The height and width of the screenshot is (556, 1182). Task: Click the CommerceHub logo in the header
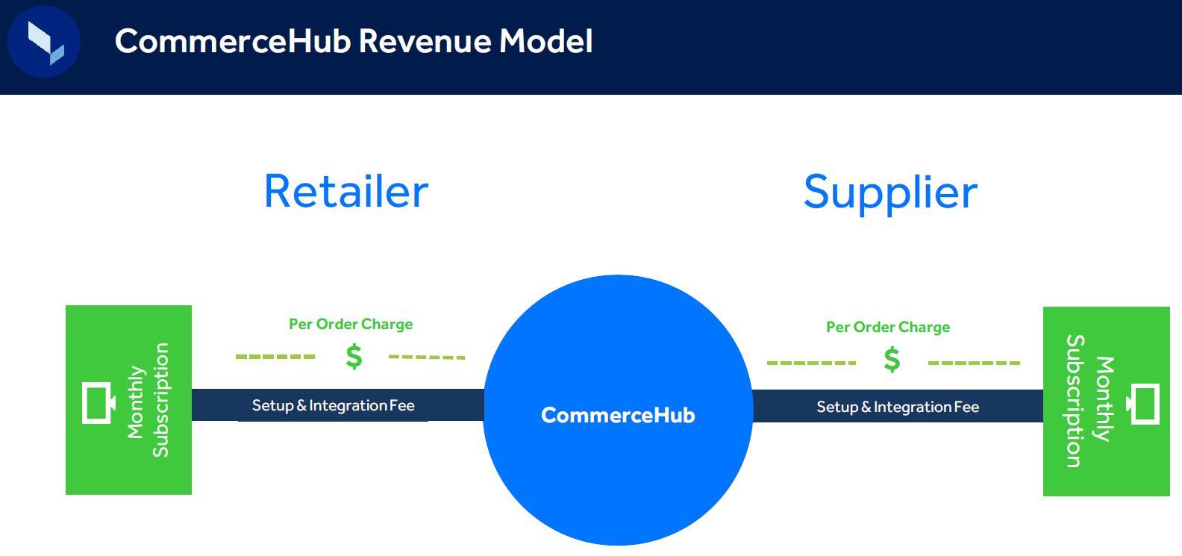[44, 42]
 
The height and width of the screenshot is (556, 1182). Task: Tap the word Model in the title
[545, 41]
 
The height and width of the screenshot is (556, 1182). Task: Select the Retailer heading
[346, 191]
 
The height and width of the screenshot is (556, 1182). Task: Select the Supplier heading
[890, 193]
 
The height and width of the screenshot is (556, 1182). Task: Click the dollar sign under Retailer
[354, 357]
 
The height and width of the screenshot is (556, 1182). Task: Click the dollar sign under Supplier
[892, 360]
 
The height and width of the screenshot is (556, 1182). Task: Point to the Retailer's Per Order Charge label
[351, 324]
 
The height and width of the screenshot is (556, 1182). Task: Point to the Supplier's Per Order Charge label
[888, 327]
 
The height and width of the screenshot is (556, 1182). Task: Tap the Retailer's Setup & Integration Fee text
[333, 405]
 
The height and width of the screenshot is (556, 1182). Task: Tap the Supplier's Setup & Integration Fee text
[898, 407]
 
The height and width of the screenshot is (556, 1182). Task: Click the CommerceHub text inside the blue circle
[618, 415]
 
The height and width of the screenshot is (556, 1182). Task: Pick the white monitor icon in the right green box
[1143, 404]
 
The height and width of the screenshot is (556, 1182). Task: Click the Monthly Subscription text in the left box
[148, 400]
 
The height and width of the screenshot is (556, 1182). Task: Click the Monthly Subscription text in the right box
[1089, 401]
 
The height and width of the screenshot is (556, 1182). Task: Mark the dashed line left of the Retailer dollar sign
[275, 357]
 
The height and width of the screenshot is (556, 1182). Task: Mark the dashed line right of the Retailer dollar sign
[427, 357]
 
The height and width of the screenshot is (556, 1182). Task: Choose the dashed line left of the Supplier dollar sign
[811, 363]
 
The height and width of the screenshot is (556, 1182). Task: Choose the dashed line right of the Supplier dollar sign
[974, 363]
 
